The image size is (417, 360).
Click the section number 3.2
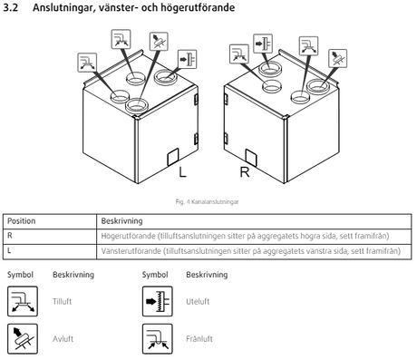tap(11, 7)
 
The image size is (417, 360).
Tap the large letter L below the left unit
tap(182, 172)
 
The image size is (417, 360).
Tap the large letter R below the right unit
tap(245, 172)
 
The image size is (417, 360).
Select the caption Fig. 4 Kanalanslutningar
tap(207, 201)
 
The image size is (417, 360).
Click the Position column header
tap(21, 221)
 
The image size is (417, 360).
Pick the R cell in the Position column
tap(10, 236)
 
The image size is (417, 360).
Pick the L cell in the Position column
tap(9, 250)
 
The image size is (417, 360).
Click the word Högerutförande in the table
tap(128, 236)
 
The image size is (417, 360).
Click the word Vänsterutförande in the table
tap(131, 251)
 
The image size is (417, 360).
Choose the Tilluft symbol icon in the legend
tap(23, 301)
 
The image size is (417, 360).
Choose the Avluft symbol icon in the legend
tap(23, 339)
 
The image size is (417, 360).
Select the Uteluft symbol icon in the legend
tap(158, 301)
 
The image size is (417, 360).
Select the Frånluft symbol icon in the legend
tap(158, 339)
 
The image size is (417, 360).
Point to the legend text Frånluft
tap(199, 339)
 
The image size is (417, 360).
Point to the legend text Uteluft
tap(198, 301)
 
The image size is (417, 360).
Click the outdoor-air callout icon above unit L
tap(188, 59)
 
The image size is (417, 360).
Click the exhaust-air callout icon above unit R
tap(338, 58)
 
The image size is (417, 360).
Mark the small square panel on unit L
tap(173, 157)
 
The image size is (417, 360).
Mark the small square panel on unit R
tap(251, 158)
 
